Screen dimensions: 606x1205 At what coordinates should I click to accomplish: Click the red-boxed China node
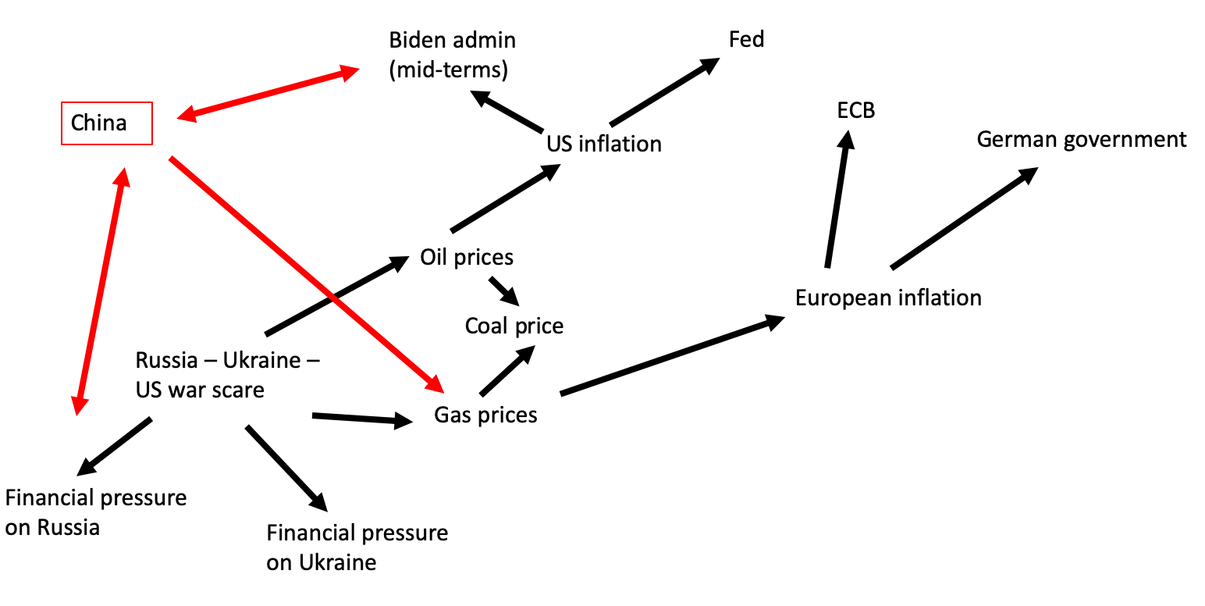click(106, 123)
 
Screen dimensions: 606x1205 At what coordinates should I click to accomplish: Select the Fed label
click(746, 39)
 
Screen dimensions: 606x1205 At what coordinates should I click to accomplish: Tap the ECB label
click(855, 111)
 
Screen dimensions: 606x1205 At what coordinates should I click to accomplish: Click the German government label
click(1081, 140)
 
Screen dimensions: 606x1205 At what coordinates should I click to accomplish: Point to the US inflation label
click(603, 144)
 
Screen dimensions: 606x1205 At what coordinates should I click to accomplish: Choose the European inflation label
click(888, 298)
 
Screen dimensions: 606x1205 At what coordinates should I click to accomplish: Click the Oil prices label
click(466, 257)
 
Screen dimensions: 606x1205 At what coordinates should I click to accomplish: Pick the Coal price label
click(514, 325)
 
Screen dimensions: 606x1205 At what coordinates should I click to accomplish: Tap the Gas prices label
click(485, 415)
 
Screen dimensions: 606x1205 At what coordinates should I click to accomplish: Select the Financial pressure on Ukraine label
click(357, 547)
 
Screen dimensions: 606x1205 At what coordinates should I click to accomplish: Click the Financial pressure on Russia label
click(95, 512)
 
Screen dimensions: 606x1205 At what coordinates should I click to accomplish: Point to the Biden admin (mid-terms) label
click(452, 55)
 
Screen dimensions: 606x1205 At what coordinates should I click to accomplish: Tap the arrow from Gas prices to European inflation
click(671, 355)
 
